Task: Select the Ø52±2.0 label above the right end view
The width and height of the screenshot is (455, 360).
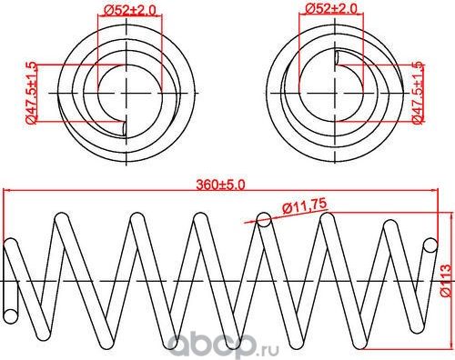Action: [x=332, y=9]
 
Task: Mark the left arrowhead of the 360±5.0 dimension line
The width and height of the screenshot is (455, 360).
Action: [x=7, y=191]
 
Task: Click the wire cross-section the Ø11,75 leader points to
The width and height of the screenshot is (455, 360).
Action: [x=263, y=219]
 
